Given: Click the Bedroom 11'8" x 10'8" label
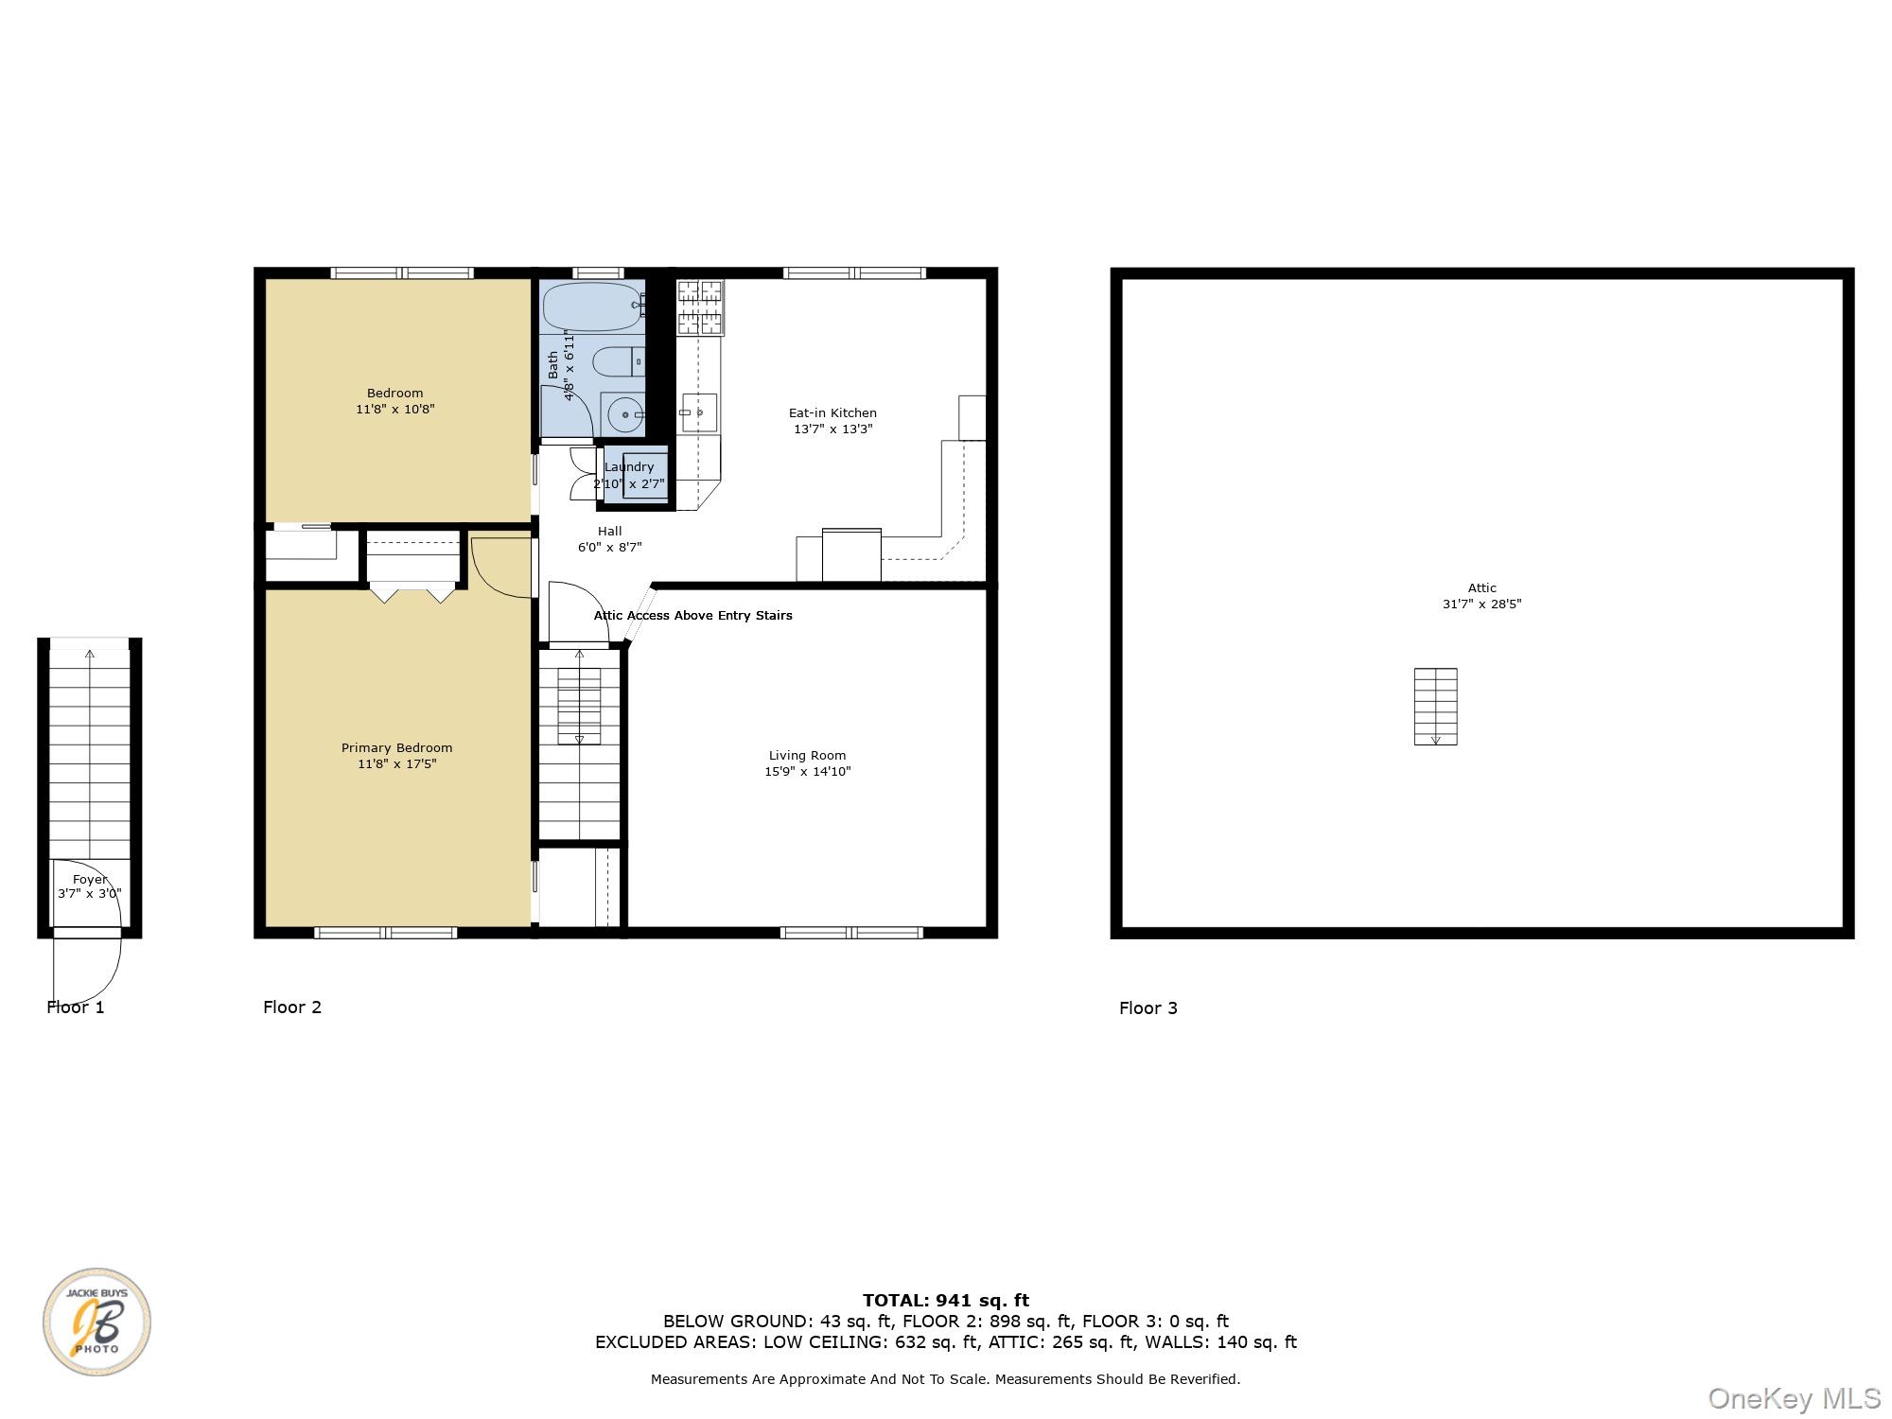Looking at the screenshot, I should [395, 401].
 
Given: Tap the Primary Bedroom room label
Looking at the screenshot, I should [396, 756].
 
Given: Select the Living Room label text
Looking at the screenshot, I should [807, 763].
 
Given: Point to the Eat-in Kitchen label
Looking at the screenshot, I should [832, 421].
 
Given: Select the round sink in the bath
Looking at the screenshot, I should [623, 414].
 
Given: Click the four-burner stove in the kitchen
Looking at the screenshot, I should [700, 307].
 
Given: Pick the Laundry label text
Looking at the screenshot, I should [629, 467].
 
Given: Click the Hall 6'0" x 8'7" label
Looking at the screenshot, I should [610, 539].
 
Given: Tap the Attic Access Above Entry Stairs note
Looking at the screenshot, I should [692, 616].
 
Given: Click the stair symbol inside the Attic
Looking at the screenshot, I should [1435, 707].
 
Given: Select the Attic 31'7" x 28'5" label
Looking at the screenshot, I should [1481, 596].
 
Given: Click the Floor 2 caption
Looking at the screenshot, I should [292, 1007].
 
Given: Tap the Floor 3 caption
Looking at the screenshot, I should [1147, 1008].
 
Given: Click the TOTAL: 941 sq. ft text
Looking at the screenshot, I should [945, 1301].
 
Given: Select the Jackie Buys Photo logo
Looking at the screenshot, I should [96, 1322].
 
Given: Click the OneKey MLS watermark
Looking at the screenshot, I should [1794, 1397].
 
